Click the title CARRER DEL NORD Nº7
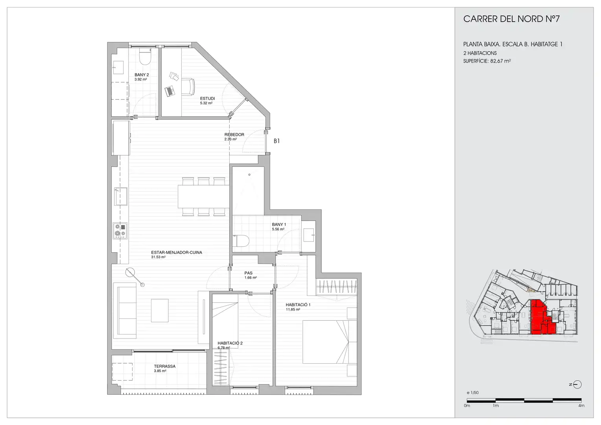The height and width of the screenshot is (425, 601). point(511,19)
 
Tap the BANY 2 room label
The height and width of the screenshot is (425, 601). point(142,75)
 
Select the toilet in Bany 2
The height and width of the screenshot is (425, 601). point(145,57)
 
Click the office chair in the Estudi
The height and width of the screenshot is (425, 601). point(188,87)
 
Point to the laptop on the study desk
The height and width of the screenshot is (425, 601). point(170,91)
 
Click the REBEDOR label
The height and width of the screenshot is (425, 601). point(234,135)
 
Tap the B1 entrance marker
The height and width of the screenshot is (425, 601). point(277,141)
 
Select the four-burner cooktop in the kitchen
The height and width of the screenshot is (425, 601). point(120,230)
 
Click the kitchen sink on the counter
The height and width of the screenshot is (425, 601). point(121,196)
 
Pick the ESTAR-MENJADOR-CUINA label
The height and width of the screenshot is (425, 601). point(177,252)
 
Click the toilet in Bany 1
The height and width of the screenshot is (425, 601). point(241,240)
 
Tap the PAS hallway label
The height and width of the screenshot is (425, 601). point(249,273)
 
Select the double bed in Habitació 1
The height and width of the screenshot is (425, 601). point(330,342)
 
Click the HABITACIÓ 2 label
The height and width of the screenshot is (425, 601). point(230,343)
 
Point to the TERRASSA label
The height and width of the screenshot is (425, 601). point(165,366)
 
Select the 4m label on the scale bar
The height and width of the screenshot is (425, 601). point(581,405)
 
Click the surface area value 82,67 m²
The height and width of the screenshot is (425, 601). point(500,61)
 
